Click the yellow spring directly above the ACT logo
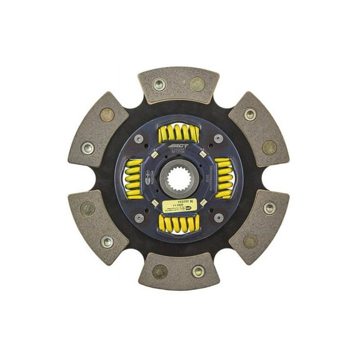click(x=179, y=133)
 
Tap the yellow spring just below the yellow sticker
click(x=179, y=223)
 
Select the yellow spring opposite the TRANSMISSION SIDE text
click(x=134, y=178)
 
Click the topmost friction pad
click(x=179, y=84)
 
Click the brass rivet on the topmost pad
click(x=197, y=84)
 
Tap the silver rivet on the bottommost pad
click(x=198, y=271)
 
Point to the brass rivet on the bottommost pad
click(x=160, y=271)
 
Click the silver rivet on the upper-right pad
click(x=250, y=114)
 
